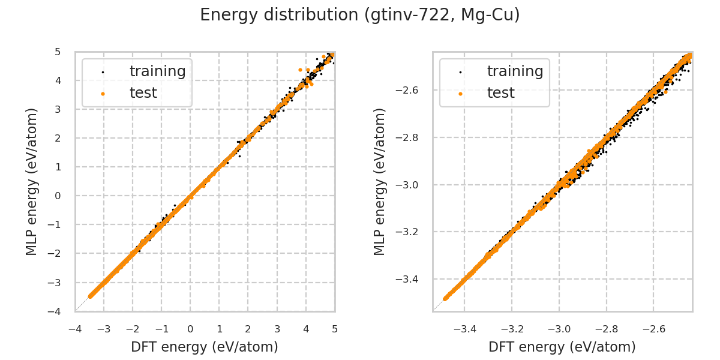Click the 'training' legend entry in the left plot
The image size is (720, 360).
157,71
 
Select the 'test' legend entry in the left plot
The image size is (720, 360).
143,93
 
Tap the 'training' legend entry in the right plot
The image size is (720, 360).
515,71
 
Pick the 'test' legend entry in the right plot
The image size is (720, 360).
500,93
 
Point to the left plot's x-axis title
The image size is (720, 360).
205,347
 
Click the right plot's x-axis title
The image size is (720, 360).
562,347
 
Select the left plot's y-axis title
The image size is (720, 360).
32,181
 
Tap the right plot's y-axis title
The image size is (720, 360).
380,181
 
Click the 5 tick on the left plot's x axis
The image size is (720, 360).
335,329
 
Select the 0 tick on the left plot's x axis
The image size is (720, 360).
190,329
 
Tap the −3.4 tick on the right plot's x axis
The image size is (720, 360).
464,329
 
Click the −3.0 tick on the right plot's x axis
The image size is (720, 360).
559,329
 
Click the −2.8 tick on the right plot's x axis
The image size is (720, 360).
606,329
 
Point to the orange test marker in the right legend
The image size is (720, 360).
460,94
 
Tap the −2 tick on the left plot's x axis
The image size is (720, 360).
132,329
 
